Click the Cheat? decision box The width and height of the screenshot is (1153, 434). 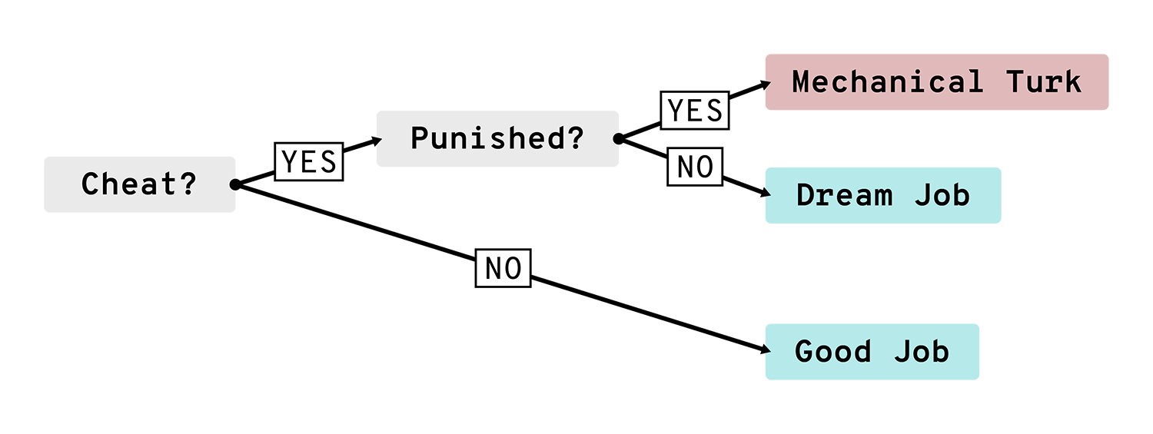(x=139, y=184)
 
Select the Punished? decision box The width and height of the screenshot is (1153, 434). (x=497, y=139)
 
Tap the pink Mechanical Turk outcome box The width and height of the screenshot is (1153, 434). (x=937, y=82)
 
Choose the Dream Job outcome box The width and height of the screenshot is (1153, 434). (x=883, y=195)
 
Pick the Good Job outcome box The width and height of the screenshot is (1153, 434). (x=872, y=352)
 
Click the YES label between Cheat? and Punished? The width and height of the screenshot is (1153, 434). (x=309, y=161)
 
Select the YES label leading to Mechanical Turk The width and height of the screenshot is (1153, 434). (x=695, y=111)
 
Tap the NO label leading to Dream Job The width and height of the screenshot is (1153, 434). (x=695, y=167)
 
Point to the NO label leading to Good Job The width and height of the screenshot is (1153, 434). (x=503, y=268)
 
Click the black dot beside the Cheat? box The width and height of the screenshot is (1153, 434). (x=235, y=184)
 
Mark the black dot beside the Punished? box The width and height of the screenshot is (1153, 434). (x=619, y=139)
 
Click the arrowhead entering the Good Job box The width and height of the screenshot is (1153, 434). (x=766, y=350)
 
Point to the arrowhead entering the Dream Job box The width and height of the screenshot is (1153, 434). (x=766, y=193)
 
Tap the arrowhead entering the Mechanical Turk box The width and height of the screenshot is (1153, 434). (x=766, y=84)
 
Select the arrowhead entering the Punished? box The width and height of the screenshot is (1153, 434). (x=377, y=141)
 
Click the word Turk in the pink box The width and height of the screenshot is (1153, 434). (x=1044, y=82)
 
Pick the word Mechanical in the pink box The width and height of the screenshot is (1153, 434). (x=887, y=82)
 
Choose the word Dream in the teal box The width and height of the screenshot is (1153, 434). (x=844, y=195)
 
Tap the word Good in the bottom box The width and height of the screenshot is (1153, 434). (x=832, y=352)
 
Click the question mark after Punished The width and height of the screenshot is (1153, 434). (x=576, y=137)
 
